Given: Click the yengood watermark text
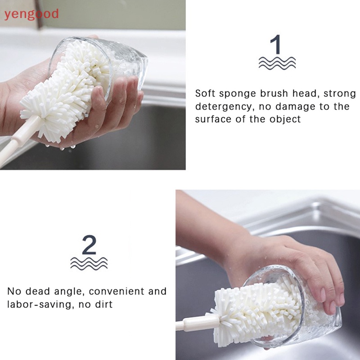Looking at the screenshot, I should click(x=31, y=14).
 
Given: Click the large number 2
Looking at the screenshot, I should click(x=89, y=246).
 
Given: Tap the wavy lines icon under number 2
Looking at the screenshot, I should click(x=89, y=263).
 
